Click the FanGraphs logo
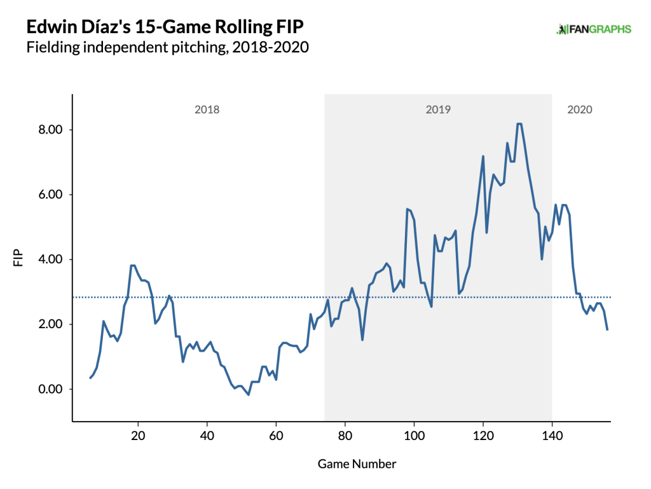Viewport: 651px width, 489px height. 594,29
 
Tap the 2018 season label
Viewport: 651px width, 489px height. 207,109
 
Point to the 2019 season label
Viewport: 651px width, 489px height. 438,109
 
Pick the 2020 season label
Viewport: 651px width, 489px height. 579,109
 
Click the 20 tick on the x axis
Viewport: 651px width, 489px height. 138,437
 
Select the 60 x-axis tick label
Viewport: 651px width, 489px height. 276,437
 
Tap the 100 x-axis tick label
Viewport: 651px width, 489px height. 414,437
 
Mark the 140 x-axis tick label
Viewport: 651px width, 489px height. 552,437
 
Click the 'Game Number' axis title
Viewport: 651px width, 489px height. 357,464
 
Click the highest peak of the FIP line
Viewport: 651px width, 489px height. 519,124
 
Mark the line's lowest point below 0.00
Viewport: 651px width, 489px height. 249,395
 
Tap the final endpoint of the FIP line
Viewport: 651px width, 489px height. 607,329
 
